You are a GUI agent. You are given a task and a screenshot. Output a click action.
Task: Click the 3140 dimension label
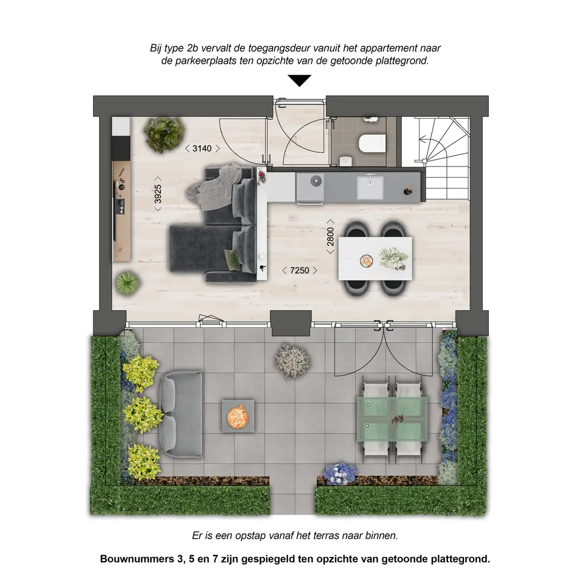click(x=202, y=148)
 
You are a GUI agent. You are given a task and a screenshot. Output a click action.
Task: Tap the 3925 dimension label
click(x=158, y=194)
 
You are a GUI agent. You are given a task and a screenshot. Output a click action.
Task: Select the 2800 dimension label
click(x=330, y=236)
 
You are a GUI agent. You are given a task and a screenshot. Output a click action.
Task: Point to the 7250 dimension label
click(x=300, y=270)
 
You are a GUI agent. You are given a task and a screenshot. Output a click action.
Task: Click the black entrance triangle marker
click(x=299, y=80)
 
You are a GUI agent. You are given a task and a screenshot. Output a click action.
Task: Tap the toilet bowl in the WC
click(x=372, y=143)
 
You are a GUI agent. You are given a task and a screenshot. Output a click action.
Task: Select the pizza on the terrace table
click(x=237, y=417)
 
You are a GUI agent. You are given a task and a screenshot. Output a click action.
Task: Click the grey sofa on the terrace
click(x=181, y=414)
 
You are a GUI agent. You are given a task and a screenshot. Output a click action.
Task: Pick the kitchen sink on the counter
click(x=370, y=187)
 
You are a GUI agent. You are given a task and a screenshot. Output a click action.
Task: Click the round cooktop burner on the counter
click(x=316, y=180)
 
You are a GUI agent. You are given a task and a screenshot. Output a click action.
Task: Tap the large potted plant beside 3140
click(x=164, y=134)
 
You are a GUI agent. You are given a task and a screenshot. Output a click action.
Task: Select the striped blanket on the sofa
click(x=214, y=185)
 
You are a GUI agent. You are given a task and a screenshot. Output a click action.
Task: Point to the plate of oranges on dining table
click(x=366, y=261)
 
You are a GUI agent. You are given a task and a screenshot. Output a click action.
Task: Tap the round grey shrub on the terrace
click(x=293, y=361)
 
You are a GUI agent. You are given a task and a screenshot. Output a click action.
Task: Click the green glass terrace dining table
click(x=392, y=421)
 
